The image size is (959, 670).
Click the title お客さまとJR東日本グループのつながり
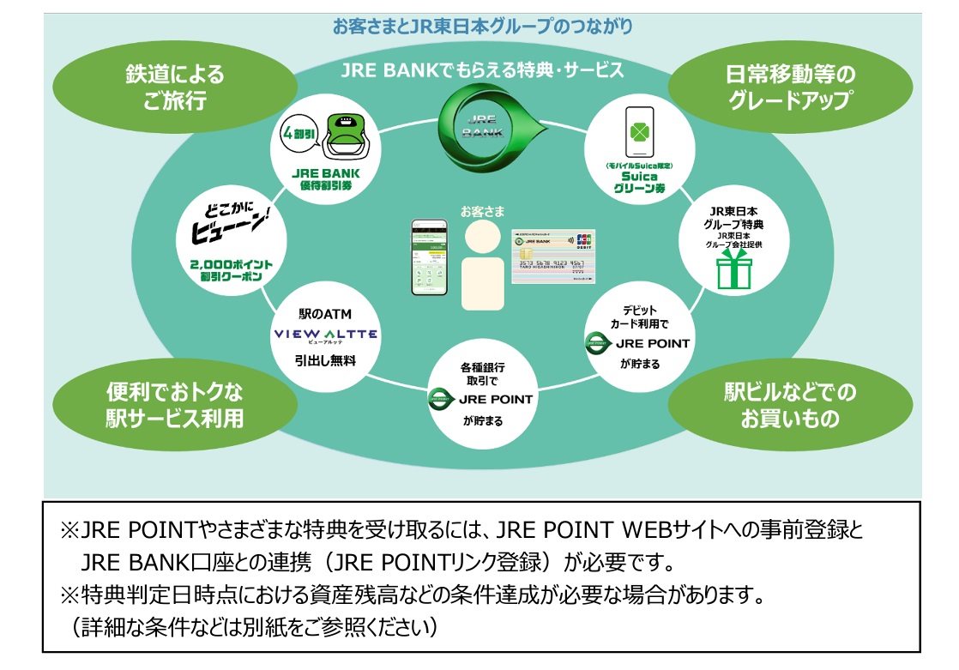482,27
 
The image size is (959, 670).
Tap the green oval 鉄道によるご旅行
174,88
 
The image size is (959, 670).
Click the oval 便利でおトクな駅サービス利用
174,405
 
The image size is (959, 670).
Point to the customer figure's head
480,236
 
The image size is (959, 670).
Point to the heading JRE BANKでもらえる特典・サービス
482,70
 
